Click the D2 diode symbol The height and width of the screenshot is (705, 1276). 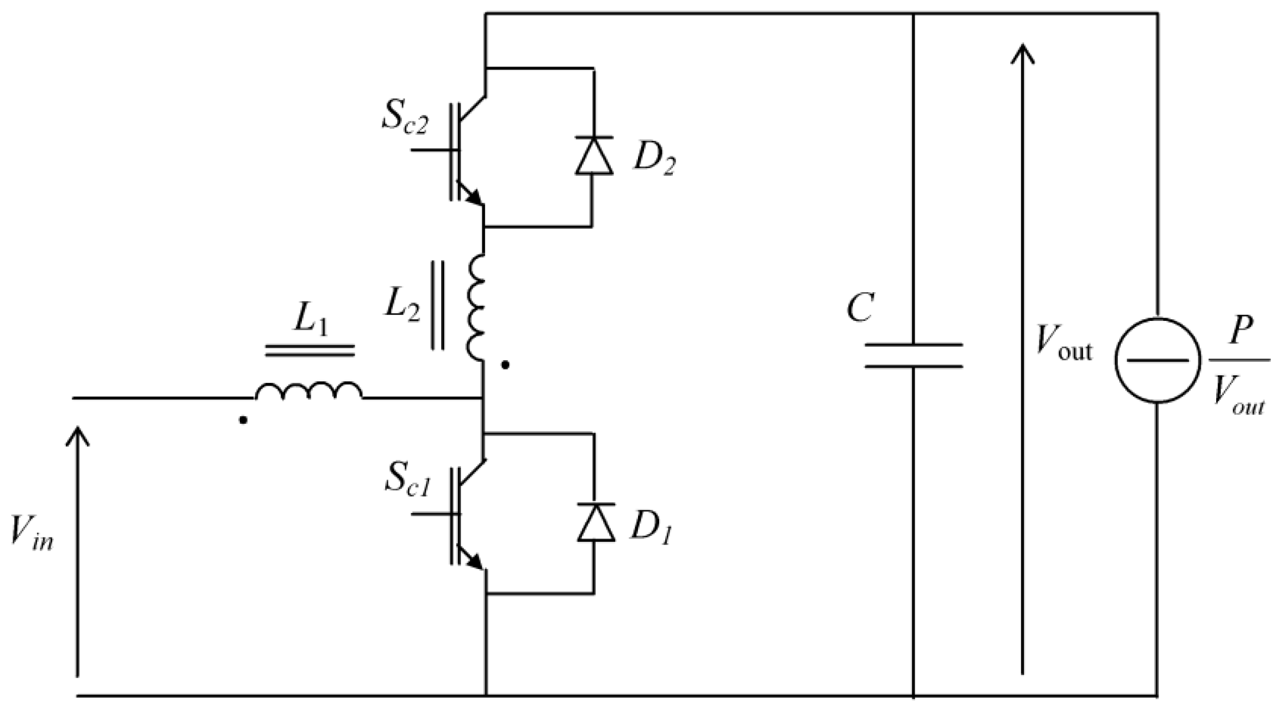pyautogui.click(x=594, y=156)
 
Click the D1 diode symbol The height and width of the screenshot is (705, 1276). pyautogui.click(x=596, y=523)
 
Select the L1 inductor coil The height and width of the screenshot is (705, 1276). pyautogui.click(x=308, y=391)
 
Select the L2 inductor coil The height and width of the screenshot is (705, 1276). pyautogui.click(x=476, y=307)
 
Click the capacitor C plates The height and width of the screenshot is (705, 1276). pyautogui.click(x=913, y=355)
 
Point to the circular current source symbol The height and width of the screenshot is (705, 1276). pyautogui.click(x=1157, y=360)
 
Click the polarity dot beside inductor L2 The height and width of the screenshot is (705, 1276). pyautogui.click(x=505, y=365)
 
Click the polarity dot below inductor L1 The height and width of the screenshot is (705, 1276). pyautogui.click(x=243, y=420)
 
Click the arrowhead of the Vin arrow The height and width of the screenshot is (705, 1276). pyautogui.click(x=78, y=435)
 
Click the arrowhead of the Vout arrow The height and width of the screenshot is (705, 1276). pyautogui.click(x=1023, y=53)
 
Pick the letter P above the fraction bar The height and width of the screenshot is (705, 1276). pyautogui.click(x=1242, y=330)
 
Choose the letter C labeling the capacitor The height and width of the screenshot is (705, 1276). pyautogui.click(x=860, y=308)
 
